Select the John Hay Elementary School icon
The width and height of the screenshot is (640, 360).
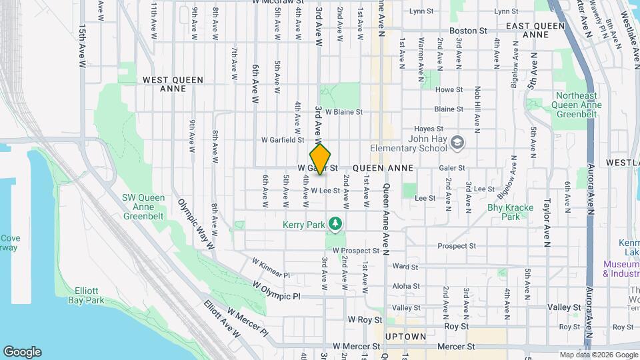click(x=457, y=142)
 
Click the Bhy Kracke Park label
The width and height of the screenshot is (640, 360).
click(x=510, y=212)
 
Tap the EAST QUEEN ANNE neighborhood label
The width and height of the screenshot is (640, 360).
click(x=535, y=30)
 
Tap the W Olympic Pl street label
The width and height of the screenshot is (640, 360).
click(x=277, y=290)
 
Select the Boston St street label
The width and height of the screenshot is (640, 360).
click(x=468, y=31)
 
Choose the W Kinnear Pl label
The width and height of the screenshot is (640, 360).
click(x=271, y=268)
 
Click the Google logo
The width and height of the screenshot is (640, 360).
click(x=22, y=352)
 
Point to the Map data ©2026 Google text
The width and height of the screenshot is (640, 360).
click(x=598, y=355)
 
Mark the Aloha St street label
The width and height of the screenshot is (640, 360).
click(x=406, y=286)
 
